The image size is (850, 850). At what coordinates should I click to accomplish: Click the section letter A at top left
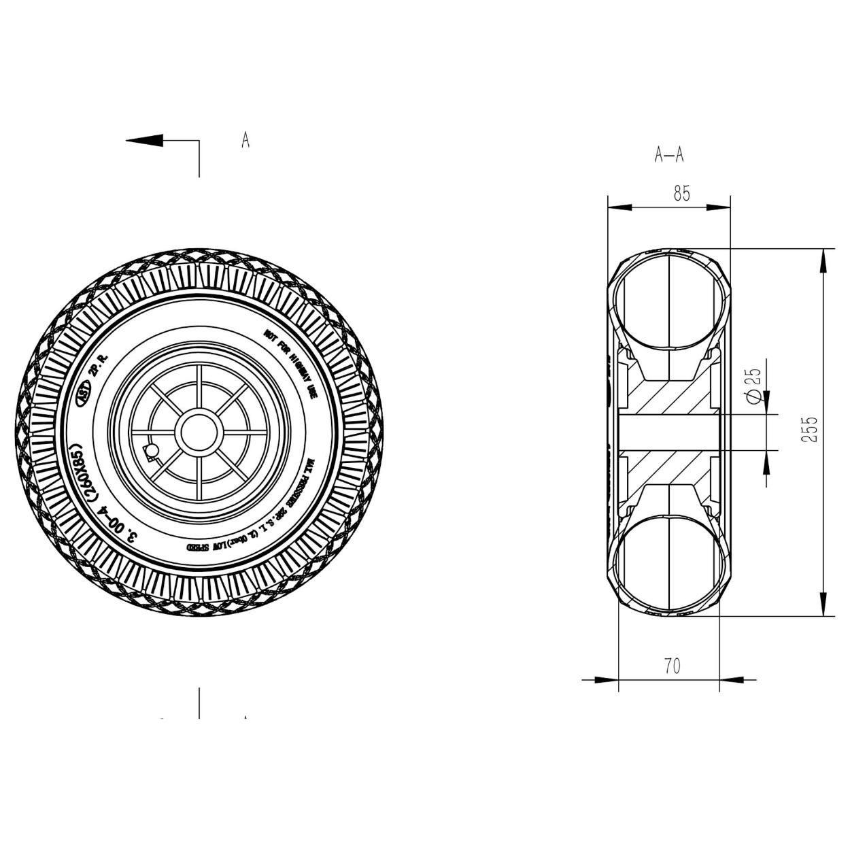click(245, 140)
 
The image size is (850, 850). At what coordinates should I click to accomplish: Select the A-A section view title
click(669, 156)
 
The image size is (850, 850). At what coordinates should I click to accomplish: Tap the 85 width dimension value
click(682, 194)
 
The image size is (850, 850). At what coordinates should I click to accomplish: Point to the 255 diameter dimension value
click(809, 430)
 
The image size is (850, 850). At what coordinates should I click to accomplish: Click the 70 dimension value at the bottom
click(672, 666)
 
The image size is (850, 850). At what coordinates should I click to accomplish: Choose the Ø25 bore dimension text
click(753, 386)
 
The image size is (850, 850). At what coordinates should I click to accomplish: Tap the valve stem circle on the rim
click(152, 450)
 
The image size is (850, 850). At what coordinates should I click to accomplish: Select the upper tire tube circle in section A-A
click(669, 303)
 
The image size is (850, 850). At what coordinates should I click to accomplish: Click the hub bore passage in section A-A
click(669, 432)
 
